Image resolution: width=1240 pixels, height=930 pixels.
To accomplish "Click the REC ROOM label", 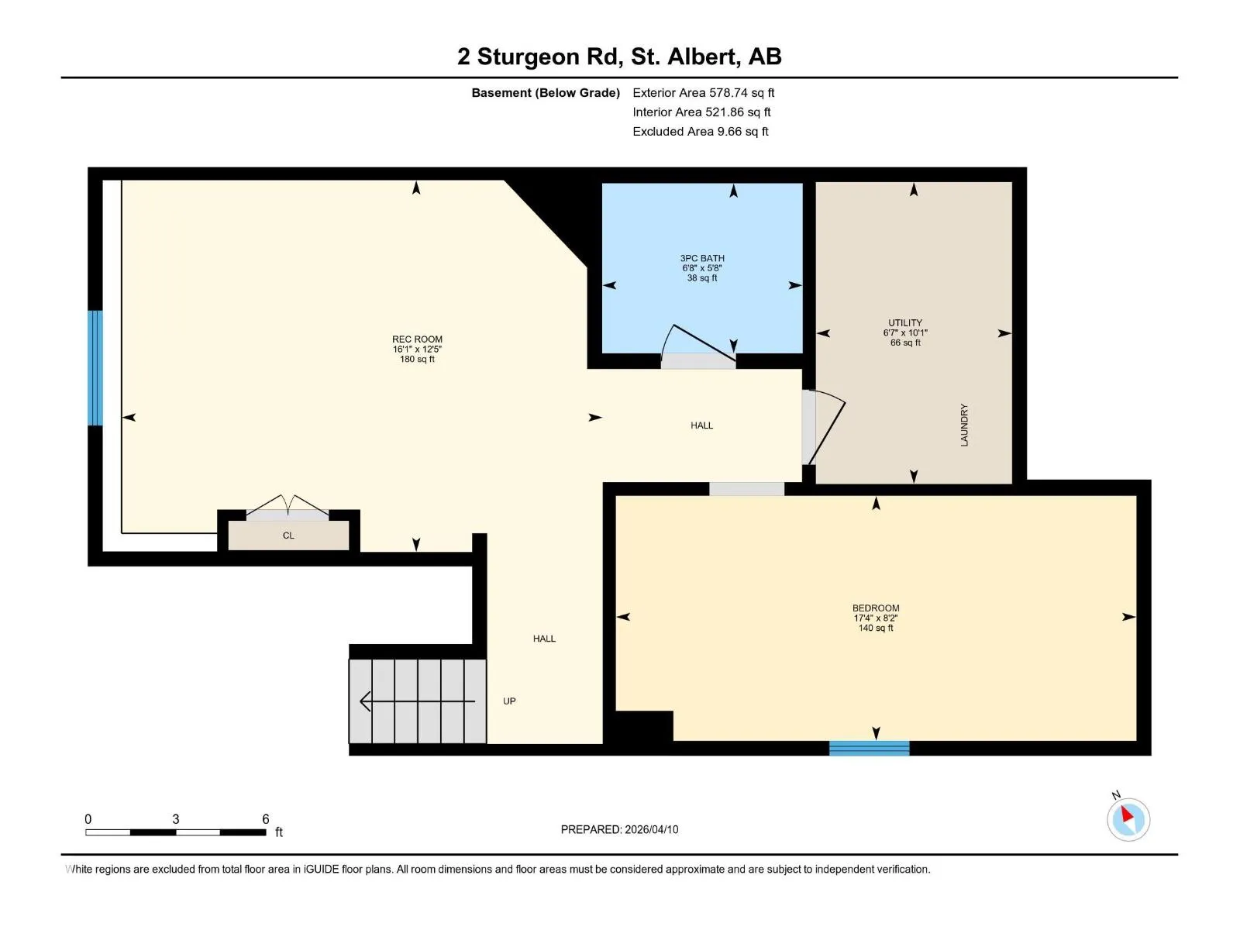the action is click(x=417, y=339).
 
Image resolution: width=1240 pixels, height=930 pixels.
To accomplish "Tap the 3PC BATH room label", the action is click(x=701, y=258).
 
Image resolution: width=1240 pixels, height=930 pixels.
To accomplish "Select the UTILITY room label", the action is click(x=904, y=323).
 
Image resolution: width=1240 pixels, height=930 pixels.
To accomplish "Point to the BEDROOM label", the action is click(x=875, y=608).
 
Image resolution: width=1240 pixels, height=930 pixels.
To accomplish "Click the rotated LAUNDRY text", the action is click(x=964, y=425).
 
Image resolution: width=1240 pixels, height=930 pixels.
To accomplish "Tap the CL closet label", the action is click(x=288, y=536).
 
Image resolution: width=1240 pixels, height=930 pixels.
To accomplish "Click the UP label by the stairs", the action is click(x=509, y=701).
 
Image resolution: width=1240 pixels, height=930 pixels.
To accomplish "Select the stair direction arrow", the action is click(x=417, y=701).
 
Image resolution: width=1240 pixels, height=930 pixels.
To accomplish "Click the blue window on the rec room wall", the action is click(x=95, y=367).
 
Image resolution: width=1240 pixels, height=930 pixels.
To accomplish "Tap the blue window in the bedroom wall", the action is click(x=869, y=748).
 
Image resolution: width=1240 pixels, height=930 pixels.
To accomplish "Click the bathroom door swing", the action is click(x=698, y=343).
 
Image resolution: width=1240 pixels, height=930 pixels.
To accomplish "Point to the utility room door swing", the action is click(x=824, y=427).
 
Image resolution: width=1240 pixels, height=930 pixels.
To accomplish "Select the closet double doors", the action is click(x=288, y=505).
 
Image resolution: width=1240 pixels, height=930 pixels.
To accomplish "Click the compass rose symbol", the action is click(x=1128, y=819).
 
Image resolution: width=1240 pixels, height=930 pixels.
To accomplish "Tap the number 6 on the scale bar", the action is click(x=266, y=818).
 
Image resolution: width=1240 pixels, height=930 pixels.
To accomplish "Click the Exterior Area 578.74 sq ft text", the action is click(x=703, y=92).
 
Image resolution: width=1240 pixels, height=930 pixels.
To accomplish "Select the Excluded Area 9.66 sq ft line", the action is click(x=700, y=132).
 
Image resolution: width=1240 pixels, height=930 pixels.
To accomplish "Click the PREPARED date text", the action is click(x=619, y=829).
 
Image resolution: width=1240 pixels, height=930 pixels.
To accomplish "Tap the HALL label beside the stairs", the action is click(x=544, y=639).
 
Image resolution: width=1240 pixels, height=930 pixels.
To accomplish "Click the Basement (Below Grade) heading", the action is click(x=545, y=92).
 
